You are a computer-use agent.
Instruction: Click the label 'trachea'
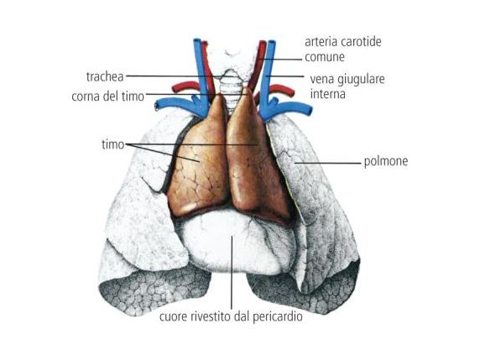pos(105,76)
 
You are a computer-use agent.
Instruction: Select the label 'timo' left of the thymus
pos(112,144)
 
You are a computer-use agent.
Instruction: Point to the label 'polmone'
pos(386,161)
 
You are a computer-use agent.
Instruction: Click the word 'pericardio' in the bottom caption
pos(278,316)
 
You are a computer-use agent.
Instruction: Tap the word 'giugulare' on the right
pos(361,80)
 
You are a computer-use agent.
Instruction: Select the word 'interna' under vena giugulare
pos(328,94)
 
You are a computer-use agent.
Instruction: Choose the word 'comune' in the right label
pos(325,57)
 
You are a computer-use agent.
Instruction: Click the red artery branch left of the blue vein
pos(185,86)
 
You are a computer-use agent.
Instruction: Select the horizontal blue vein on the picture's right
pos(291,107)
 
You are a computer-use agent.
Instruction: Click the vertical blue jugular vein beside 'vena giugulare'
pos(269,74)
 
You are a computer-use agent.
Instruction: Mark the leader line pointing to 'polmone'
pos(328,163)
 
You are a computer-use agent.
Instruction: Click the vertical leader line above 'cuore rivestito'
pos(232,272)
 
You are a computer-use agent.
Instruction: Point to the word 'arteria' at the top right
pos(321,42)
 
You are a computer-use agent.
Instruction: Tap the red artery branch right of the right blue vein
pos(282,90)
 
